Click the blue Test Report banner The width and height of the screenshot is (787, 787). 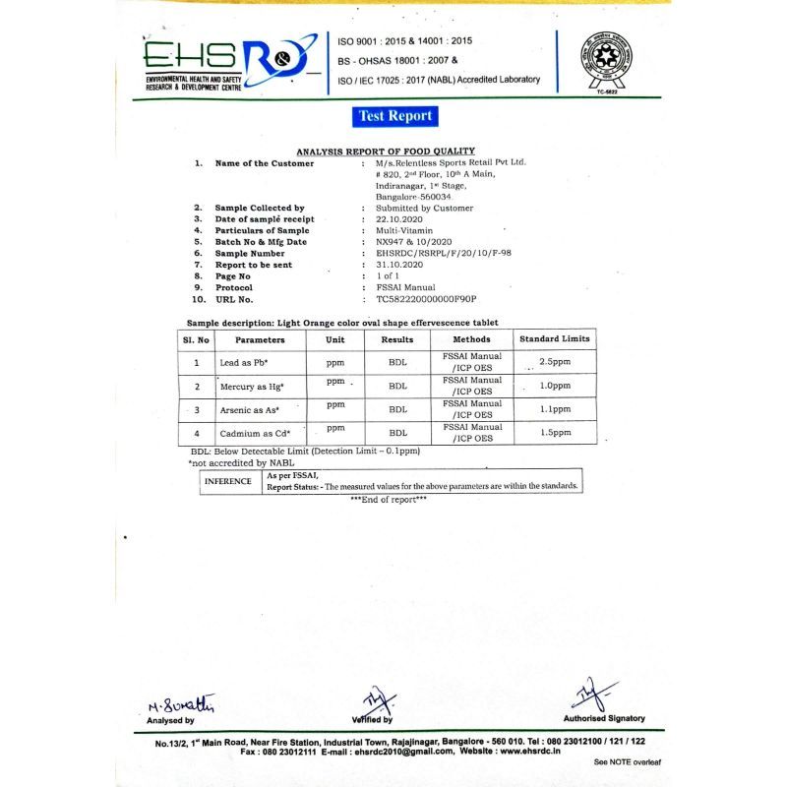click(x=394, y=116)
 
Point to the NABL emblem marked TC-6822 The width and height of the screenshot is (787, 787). click(x=604, y=61)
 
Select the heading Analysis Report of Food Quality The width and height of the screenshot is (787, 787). click(x=386, y=151)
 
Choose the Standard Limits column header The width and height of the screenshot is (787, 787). click(x=554, y=339)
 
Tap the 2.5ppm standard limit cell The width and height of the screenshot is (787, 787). click(x=556, y=362)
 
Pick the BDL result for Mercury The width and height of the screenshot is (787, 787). click(x=397, y=386)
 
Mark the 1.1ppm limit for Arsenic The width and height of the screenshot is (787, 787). click(x=556, y=409)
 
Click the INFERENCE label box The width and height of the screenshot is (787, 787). click(x=230, y=482)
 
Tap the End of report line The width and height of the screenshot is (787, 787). click(x=389, y=501)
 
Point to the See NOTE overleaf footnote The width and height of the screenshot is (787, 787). click(x=628, y=761)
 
